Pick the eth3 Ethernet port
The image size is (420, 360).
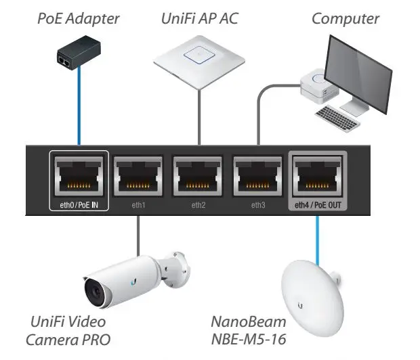point(258,177)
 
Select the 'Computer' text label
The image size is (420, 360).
point(345,18)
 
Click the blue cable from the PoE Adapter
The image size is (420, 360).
point(79,108)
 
